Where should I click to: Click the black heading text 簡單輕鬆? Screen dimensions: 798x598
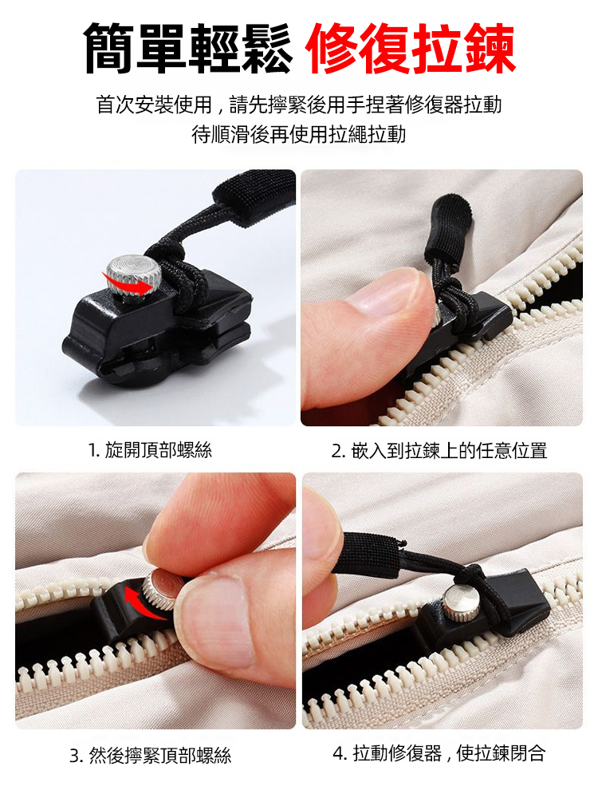[x=188, y=49]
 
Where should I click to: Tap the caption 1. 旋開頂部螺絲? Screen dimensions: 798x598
[x=151, y=450]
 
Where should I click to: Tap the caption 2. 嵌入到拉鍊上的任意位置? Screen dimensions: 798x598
[x=439, y=450]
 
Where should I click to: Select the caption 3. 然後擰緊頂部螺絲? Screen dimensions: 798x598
[x=151, y=755]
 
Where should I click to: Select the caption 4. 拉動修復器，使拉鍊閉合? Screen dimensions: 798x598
[x=439, y=753]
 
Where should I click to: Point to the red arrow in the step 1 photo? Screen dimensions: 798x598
[x=131, y=285]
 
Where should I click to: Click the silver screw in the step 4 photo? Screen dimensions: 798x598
[x=460, y=603]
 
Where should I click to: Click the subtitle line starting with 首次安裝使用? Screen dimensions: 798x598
[x=299, y=105]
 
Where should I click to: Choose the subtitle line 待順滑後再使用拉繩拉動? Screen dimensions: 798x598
[x=299, y=134]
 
